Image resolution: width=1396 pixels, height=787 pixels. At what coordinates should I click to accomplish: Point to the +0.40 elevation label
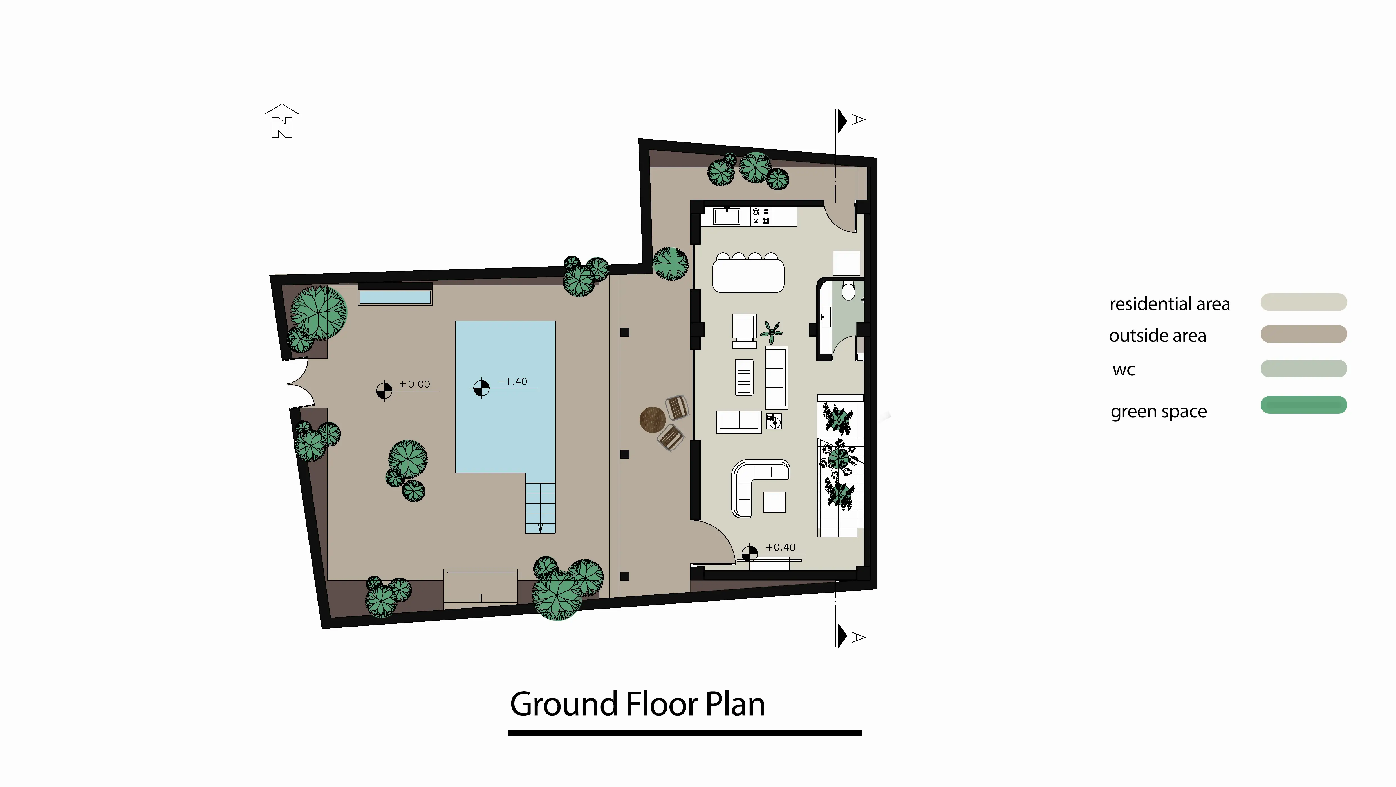click(x=780, y=547)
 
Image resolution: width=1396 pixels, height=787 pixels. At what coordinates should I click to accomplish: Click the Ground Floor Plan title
click(x=637, y=704)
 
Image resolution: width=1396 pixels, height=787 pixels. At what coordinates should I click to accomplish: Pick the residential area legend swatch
click(x=1303, y=302)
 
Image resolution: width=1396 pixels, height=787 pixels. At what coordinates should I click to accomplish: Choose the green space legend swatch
click(x=1303, y=405)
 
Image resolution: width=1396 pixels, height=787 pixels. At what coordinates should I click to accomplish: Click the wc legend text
click(x=1123, y=370)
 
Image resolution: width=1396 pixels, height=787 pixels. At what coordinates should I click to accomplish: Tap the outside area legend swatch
click(x=1303, y=334)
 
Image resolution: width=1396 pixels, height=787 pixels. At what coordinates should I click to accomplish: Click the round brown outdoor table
click(x=653, y=419)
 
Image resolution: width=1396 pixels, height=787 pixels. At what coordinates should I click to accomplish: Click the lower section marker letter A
click(x=858, y=638)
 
